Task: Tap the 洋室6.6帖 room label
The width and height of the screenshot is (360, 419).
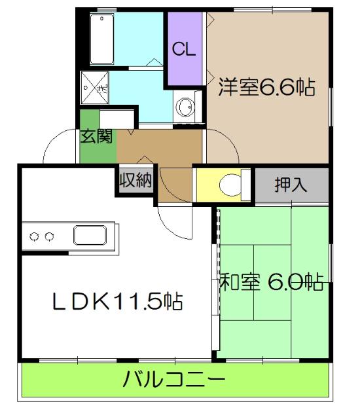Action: (x=266, y=87)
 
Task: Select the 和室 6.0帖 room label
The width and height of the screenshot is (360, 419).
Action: (x=271, y=282)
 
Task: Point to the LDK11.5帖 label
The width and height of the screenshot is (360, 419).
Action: (x=117, y=301)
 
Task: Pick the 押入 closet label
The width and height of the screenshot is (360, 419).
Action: (x=291, y=184)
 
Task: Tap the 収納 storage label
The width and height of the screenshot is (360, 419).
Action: (x=135, y=181)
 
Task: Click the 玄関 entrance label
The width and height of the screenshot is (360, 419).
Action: (x=97, y=136)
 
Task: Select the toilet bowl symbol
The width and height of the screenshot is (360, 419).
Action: (x=230, y=184)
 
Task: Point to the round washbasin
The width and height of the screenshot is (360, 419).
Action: (x=185, y=106)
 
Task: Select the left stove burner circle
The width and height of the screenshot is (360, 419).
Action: (x=35, y=236)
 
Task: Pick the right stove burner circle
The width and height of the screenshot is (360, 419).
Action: (x=49, y=236)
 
